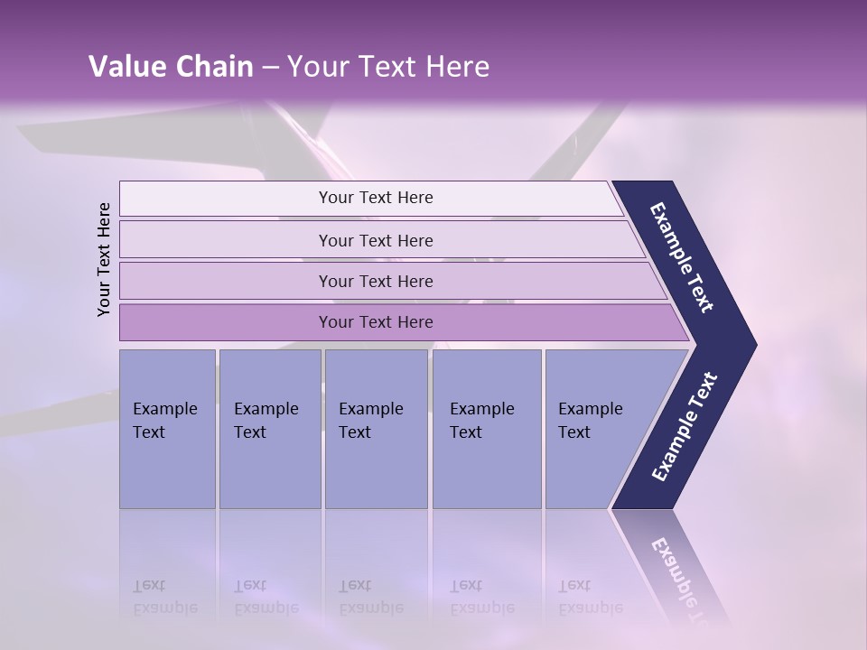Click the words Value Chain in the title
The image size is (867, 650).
click(171, 67)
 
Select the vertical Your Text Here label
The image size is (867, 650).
click(104, 259)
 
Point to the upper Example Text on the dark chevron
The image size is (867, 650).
click(683, 257)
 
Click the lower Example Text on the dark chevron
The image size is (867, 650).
click(684, 426)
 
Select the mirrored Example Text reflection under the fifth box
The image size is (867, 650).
click(590, 597)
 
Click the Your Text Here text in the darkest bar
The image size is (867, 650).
click(376, 322)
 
